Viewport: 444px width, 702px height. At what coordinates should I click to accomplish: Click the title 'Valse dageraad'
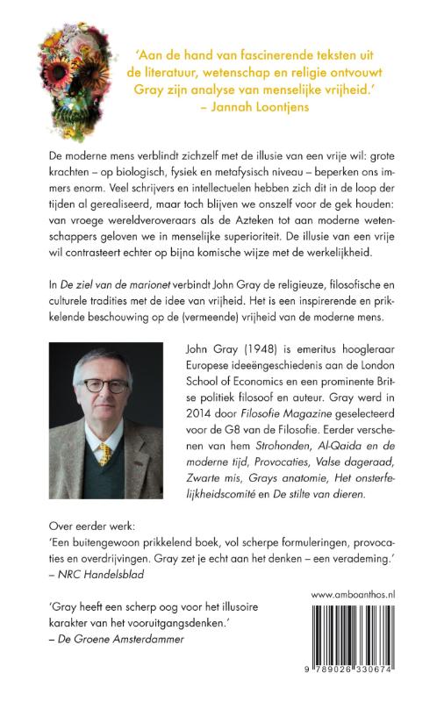pyautogui.click(x=353, y=465)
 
